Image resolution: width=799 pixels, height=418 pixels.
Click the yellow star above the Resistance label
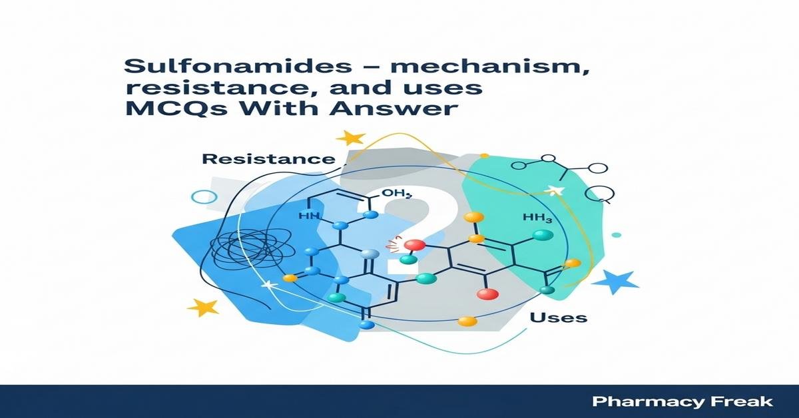351,138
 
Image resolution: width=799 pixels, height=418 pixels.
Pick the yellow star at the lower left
202,307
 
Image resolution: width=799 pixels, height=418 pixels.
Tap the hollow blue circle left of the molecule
204,197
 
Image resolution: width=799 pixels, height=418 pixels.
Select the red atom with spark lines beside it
413,246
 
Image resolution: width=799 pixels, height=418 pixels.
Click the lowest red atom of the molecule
488,294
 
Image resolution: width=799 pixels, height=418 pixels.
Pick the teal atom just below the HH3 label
543,235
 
